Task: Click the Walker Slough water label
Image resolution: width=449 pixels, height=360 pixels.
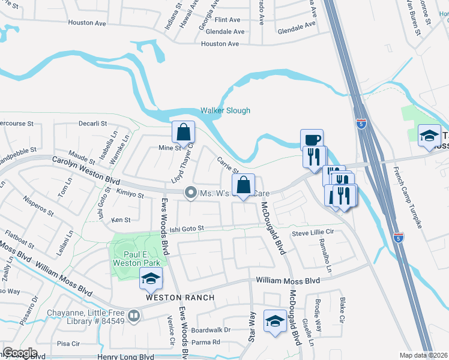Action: tap(225, 110)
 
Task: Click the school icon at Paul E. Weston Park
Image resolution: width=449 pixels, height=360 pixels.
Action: tap(151, 278)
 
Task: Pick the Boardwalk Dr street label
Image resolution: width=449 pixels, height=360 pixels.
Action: tap(211, 330)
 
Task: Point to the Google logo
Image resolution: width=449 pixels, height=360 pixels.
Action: tap(20, 353)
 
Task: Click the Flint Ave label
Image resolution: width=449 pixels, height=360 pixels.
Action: tap(228, 20)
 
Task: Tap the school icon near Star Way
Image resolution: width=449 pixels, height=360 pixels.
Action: tap(274, 321)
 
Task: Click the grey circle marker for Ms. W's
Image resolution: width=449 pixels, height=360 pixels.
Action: tap(191, 193)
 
